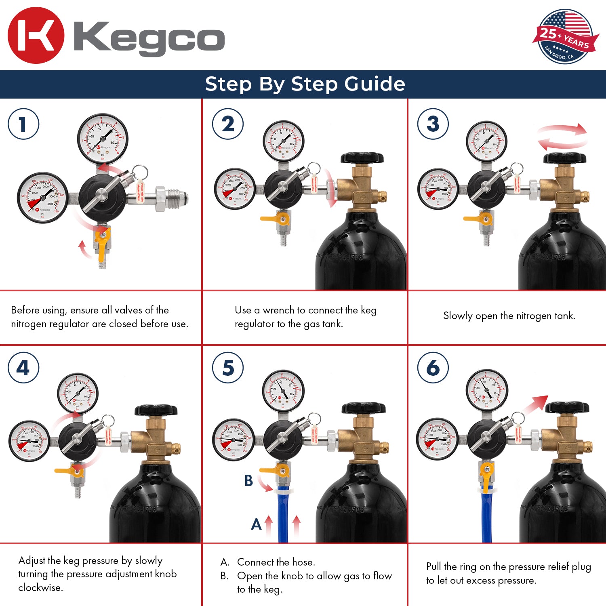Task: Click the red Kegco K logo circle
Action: click(36, 36)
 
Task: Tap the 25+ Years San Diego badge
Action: click(565, 37)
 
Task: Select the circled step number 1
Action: click(23, 124)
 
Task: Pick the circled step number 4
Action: click(23, 368)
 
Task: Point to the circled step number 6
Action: click(433, 368)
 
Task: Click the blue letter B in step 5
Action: click(248, 481)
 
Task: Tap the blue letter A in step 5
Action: click(256, 524)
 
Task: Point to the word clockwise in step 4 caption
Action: click(40, 587)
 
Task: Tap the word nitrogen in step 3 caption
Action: click(518, 316)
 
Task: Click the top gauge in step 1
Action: click(102, 139)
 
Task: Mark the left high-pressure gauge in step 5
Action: click(234, 440)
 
